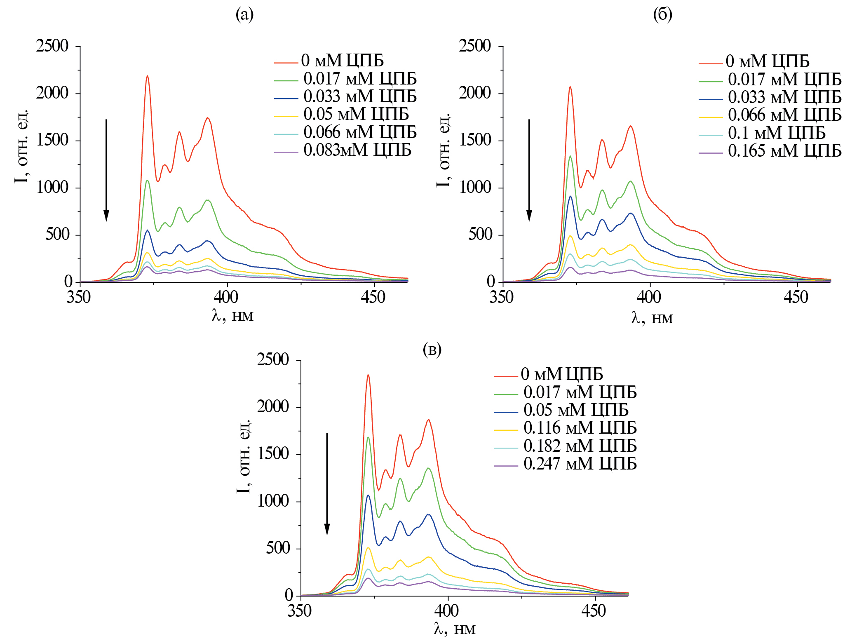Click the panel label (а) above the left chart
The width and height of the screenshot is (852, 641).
[x=244, y=15]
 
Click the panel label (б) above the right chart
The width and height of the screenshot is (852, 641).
[x=663, y=15]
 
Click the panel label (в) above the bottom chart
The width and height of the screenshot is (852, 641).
[x=432, y=350]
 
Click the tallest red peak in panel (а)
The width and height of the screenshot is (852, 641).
[x=147, y=76]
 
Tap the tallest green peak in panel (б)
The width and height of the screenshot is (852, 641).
[x=570, y=156]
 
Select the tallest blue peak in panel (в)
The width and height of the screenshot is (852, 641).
[x=368, y=495]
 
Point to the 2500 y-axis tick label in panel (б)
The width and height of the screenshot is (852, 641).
[x=475, y=46]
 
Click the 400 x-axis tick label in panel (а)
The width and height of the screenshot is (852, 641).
[x=226, y=297]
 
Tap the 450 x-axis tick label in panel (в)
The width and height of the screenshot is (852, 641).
[x=594, y=611]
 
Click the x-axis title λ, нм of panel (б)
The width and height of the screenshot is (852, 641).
[x=652, y=318]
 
